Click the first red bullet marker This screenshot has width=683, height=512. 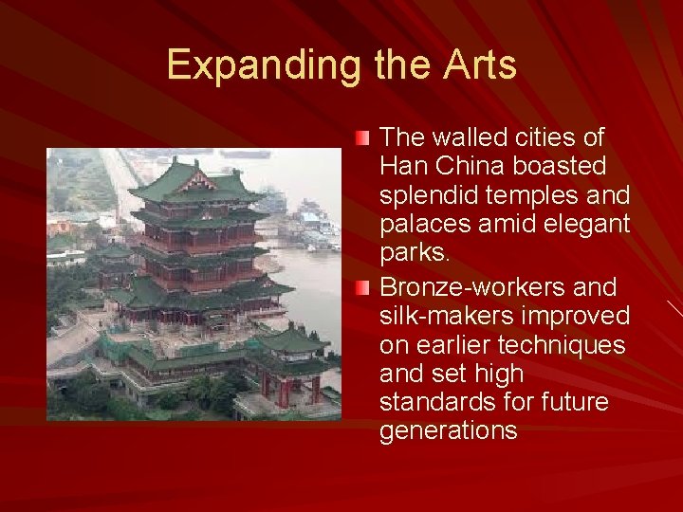click(x=365, y=138)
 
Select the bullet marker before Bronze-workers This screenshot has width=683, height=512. click(x=365, y=287)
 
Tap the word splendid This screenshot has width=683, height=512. click(x=425, y=196)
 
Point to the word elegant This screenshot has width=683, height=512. click(x=586, y=226)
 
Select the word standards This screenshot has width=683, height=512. click(x=433, y=403)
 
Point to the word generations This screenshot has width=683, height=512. click(x=448, y=432)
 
